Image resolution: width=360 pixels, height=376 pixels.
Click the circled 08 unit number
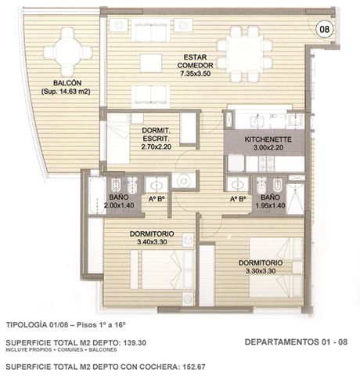325,29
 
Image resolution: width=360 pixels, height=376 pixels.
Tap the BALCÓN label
67,83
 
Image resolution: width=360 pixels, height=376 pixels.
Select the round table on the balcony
67,52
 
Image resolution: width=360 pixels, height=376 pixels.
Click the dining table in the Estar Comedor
245,55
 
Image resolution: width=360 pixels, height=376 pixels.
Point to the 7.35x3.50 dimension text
195,74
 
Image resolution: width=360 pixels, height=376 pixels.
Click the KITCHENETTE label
268,139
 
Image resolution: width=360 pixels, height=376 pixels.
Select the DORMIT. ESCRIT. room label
156,134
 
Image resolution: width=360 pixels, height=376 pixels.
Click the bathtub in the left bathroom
96,195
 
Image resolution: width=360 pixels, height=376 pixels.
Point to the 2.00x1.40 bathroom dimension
119,205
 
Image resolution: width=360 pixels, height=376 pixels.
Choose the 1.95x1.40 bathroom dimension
270,205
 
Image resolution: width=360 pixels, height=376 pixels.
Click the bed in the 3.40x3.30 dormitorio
162,269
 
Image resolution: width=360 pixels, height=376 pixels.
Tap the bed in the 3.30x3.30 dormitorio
276,267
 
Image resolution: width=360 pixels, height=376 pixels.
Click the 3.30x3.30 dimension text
261,271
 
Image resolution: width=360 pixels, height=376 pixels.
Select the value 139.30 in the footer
134,342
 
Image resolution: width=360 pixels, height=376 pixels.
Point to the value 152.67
193,367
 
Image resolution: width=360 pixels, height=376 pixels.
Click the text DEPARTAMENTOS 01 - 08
296,342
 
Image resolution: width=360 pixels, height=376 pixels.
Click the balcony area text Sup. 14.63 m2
66,92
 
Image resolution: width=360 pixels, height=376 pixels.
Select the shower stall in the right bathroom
296,199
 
